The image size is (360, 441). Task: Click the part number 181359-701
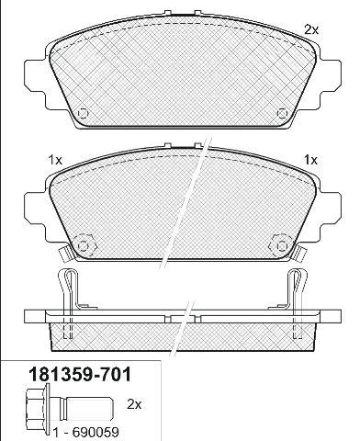(80, 375)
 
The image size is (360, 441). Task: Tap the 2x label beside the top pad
(311, 29)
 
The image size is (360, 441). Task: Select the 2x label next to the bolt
(134, 404)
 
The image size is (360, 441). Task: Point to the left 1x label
(55, 160)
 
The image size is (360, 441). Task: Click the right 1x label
(310, 160)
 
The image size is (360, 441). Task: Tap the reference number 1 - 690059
(86, 433)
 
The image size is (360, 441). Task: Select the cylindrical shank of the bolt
(89, 409)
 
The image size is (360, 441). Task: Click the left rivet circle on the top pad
(83, 114)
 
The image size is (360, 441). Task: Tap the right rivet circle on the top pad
(282, 114)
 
